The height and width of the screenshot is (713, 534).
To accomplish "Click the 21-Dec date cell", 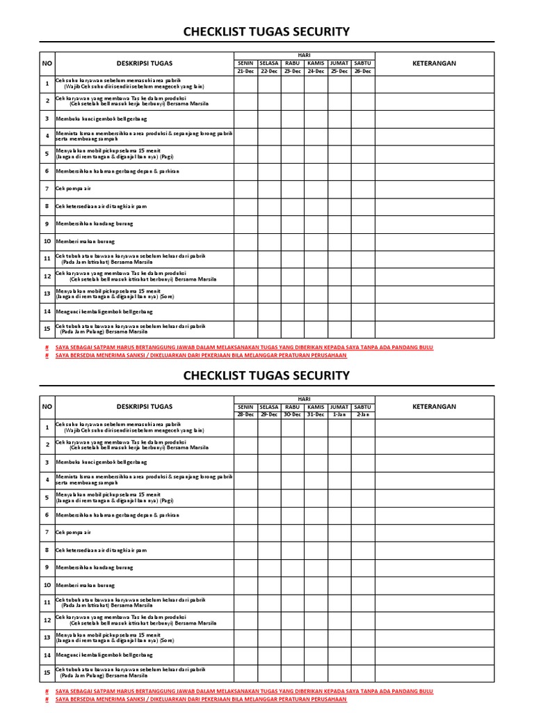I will coord(245,71).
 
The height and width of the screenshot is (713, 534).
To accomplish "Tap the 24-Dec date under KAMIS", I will coord(316,71).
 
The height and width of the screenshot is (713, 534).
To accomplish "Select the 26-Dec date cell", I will coord(362,71).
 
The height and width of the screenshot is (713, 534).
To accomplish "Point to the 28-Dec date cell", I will coord(245,414).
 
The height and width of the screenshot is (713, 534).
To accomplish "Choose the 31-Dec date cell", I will coord(316,414).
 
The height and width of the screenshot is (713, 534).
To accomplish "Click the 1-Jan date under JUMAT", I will coord(339,414).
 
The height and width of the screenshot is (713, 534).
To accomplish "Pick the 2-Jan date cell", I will coord(362,414).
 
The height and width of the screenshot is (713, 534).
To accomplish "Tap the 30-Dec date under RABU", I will coord(292,414).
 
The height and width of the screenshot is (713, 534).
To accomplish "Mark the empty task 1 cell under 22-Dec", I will coord(268,84).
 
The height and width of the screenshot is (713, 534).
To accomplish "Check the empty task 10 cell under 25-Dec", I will coord(339,242).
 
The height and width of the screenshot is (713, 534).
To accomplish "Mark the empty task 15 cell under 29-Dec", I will coord(268,673).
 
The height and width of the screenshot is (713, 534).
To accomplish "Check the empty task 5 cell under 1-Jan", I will coord(339,498).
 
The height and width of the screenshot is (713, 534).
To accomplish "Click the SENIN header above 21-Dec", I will coord(245,63).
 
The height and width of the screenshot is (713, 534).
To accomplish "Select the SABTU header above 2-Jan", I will coord(362,407).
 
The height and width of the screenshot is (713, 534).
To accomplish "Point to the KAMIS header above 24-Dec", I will coord(316,63).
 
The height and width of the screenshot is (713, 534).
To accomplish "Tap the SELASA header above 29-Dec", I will coord(268,407).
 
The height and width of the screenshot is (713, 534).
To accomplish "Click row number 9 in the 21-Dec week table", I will coord(47,224).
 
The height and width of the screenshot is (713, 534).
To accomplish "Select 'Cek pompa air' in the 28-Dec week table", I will coord(73,533).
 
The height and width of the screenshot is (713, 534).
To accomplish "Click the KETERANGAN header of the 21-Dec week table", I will coord(435,63).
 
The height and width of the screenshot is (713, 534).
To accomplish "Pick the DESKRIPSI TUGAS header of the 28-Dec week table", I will coord(145,407).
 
